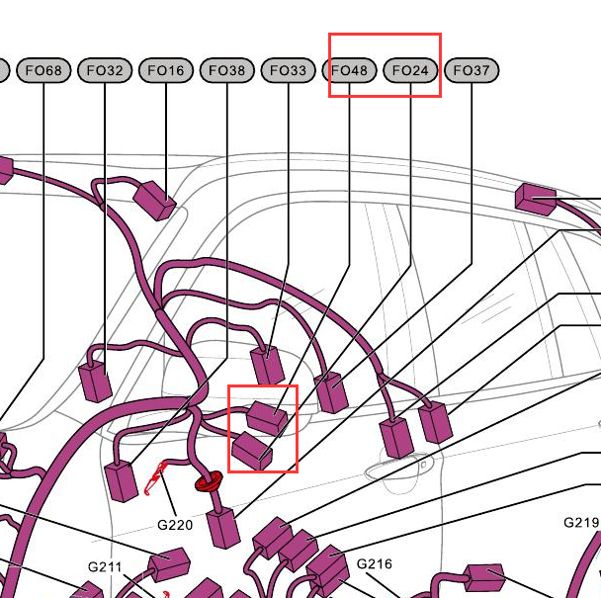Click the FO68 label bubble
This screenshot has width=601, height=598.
coord(43,70)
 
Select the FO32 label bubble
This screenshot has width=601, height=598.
coord(105,70)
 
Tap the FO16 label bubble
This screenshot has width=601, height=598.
coord(166,70)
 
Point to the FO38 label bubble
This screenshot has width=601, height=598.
coord(227,70)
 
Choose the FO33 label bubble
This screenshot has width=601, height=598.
coord(289,70)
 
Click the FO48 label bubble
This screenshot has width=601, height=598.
coord(349,70)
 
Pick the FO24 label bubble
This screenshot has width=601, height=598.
coord(410,70)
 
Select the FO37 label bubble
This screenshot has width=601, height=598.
coord(472,70)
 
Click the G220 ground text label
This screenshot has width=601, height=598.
coord(175,525)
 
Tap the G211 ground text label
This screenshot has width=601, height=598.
coord(105,567)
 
